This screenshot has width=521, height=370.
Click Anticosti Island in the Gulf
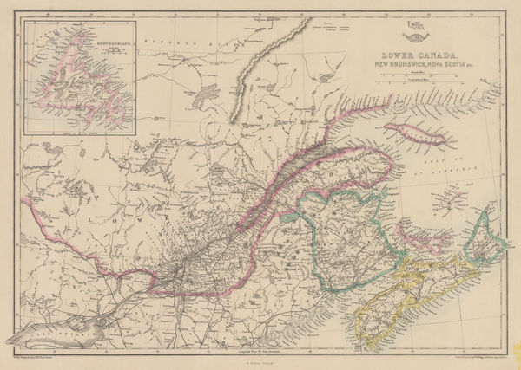(410, 135)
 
